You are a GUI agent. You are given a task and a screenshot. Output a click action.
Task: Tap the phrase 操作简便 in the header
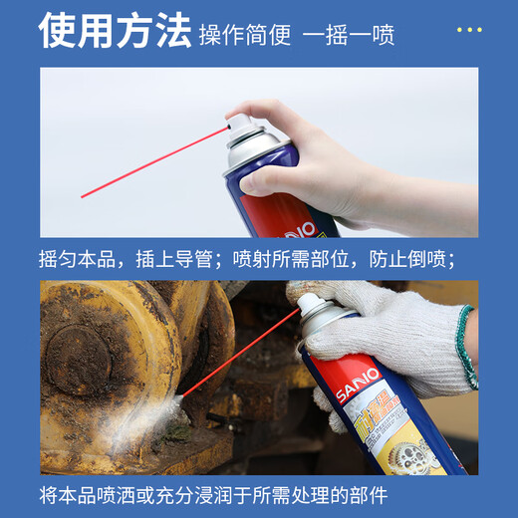coord(245,35)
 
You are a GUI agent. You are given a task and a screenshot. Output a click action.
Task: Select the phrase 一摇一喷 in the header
coord(348,35)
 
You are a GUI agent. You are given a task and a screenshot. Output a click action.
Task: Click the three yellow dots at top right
coord(469,30)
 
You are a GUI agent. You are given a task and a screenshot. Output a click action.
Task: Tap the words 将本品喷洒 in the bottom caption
coord(90,494)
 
